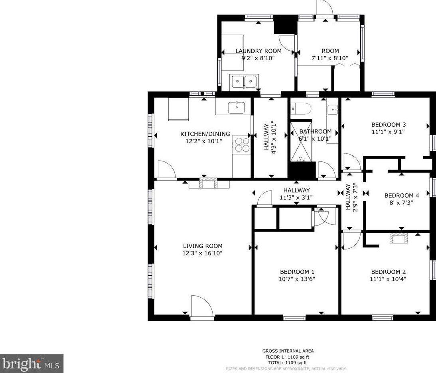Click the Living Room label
[x=203, y=246]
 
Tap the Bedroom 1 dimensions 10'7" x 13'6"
[x=297, y=279]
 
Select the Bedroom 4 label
[x=402, y=195]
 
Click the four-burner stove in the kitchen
[x=242, y=145]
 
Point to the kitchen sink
[x=237, y=108]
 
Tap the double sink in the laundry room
[x=244, y=82]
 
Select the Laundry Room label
[x=258, y=51]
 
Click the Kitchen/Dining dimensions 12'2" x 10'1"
[x=204, y=141]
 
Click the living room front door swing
[x=202, y=306]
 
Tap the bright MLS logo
[x=32, y=363]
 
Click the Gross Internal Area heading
[x=288, y=351]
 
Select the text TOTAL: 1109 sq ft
[x=288, y=363]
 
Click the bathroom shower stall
[x=301, y=141]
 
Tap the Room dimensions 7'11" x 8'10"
[x=330, y=58]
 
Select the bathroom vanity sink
[x=333, y=110]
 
